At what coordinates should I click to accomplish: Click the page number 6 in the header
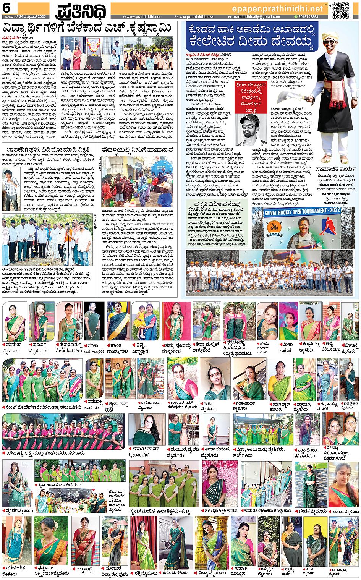click(x=7, y=7)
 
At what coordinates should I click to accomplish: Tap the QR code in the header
click(x=340, y=10)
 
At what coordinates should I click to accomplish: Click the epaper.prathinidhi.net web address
click(x=277, y=8)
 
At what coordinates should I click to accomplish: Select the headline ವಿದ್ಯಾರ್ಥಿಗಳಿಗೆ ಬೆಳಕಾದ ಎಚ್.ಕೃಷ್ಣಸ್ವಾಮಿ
click(x=87, y=28)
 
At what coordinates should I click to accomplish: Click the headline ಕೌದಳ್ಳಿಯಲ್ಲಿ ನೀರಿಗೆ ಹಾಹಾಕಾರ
click(x=138, y=150)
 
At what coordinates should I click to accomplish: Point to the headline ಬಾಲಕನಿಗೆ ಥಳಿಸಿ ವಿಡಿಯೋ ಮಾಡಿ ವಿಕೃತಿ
click(x=49, y=149)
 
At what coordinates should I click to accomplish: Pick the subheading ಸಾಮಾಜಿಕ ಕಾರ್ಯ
click(x=335, y=168)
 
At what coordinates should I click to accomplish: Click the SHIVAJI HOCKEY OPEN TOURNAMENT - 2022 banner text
click(x=302, y=211)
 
